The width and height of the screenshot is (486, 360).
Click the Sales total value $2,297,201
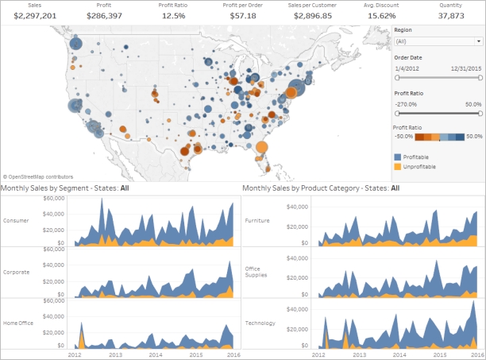34,15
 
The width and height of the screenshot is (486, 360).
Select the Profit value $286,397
104,15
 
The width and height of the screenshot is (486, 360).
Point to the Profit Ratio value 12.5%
173,15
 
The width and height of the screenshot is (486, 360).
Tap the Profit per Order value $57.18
243,15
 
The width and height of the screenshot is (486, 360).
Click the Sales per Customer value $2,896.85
312,15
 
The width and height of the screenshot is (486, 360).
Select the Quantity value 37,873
451,15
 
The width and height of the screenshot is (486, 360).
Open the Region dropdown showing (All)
438,41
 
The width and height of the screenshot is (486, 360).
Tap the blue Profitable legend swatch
398,157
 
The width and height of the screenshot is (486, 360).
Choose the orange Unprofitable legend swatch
398,167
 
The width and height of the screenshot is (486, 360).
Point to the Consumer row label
17,220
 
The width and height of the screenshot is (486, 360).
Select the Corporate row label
17,272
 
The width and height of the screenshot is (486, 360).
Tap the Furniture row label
258,220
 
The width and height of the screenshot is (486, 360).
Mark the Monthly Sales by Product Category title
320,188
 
